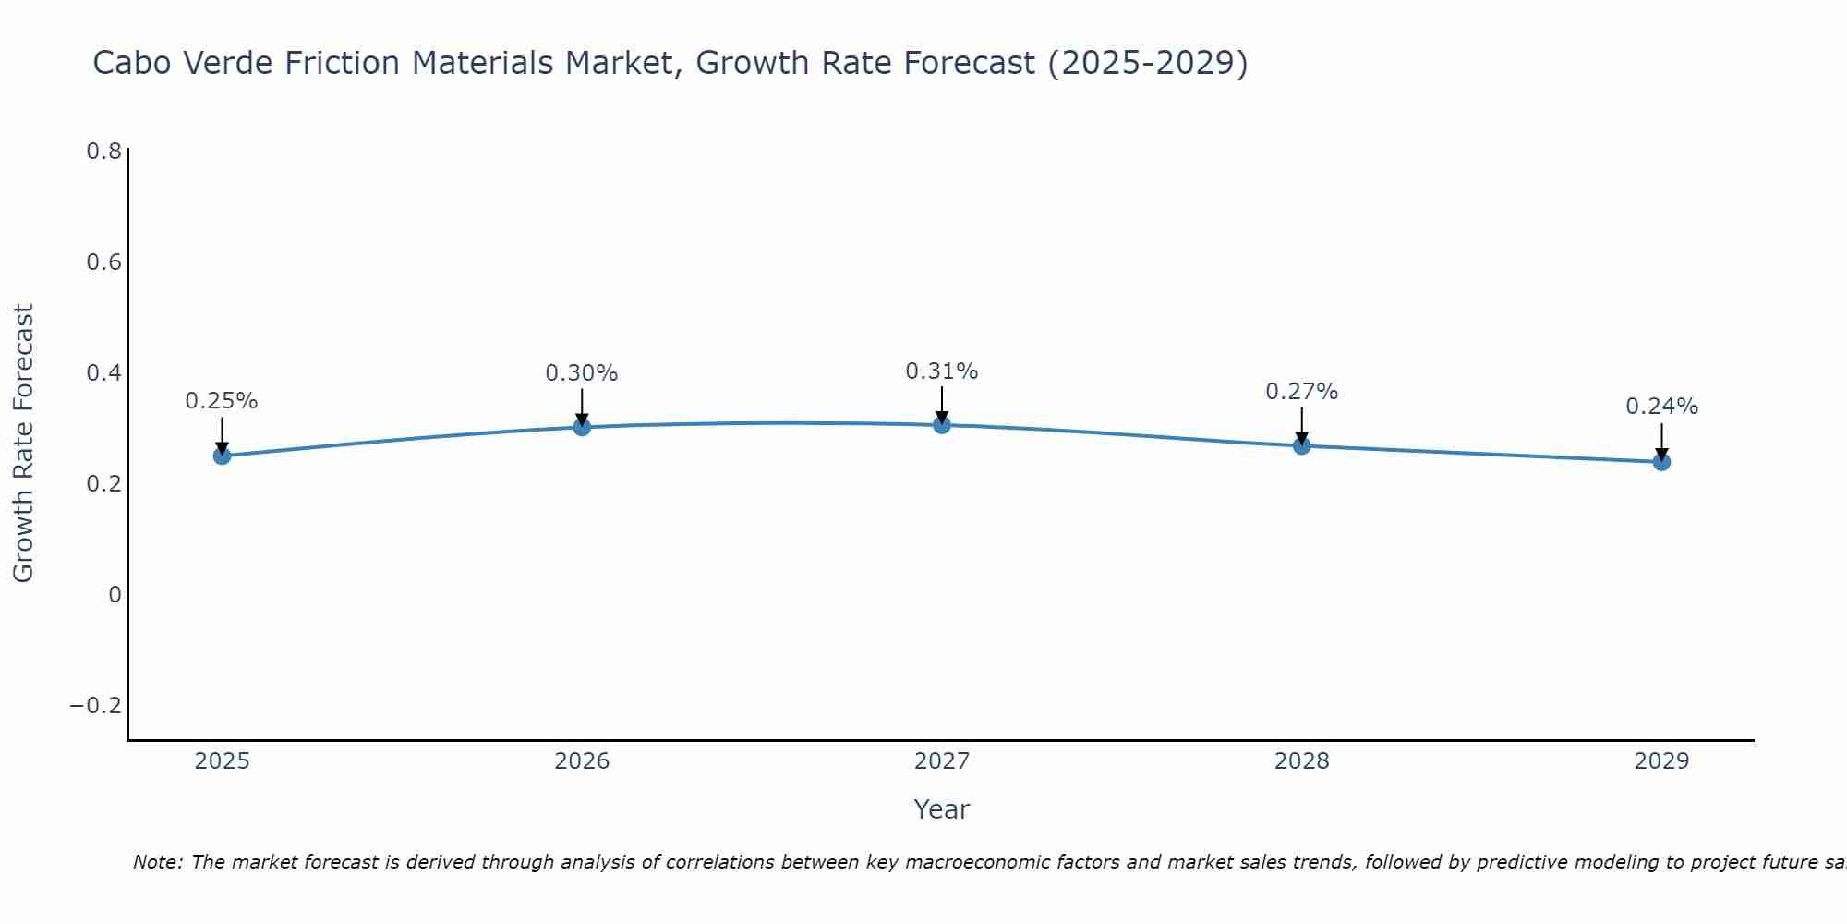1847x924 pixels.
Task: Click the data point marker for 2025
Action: point(222,456)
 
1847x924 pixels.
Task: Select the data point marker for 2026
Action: point(582,427)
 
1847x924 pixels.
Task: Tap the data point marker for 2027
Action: point(942,425)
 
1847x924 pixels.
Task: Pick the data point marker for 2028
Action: point(1301,445)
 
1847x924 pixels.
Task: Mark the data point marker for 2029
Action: point(1661,461)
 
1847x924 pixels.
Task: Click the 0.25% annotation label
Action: point(222,401)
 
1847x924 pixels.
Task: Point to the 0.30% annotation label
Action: point(582,373)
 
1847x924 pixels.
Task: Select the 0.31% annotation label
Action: point(942,371)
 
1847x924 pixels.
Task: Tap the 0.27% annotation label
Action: point(1301,392)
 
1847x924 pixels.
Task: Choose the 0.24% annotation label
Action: point(1661,407)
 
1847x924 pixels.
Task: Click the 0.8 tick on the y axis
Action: point(103,152)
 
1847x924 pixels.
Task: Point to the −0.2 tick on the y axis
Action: point(96,706)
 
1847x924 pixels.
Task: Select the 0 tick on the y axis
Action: point(115,595)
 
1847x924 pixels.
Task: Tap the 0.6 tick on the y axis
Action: point(103,262)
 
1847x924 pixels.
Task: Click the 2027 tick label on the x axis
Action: point(942,761)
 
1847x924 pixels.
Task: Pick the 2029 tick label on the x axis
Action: point(1661,761)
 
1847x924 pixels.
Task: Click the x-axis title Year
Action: point(942,809)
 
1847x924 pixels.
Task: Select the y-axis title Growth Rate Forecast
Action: point(23,444)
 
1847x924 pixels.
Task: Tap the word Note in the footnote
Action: point(157,862)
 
